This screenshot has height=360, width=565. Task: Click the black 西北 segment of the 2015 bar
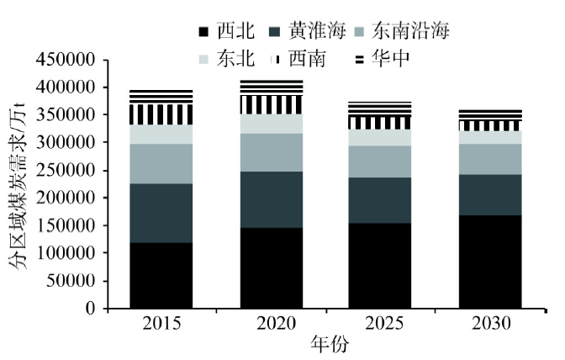click(161, 276)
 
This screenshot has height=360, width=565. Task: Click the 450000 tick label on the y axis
click(64, 61)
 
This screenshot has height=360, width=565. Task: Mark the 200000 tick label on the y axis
click(64, 199)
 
